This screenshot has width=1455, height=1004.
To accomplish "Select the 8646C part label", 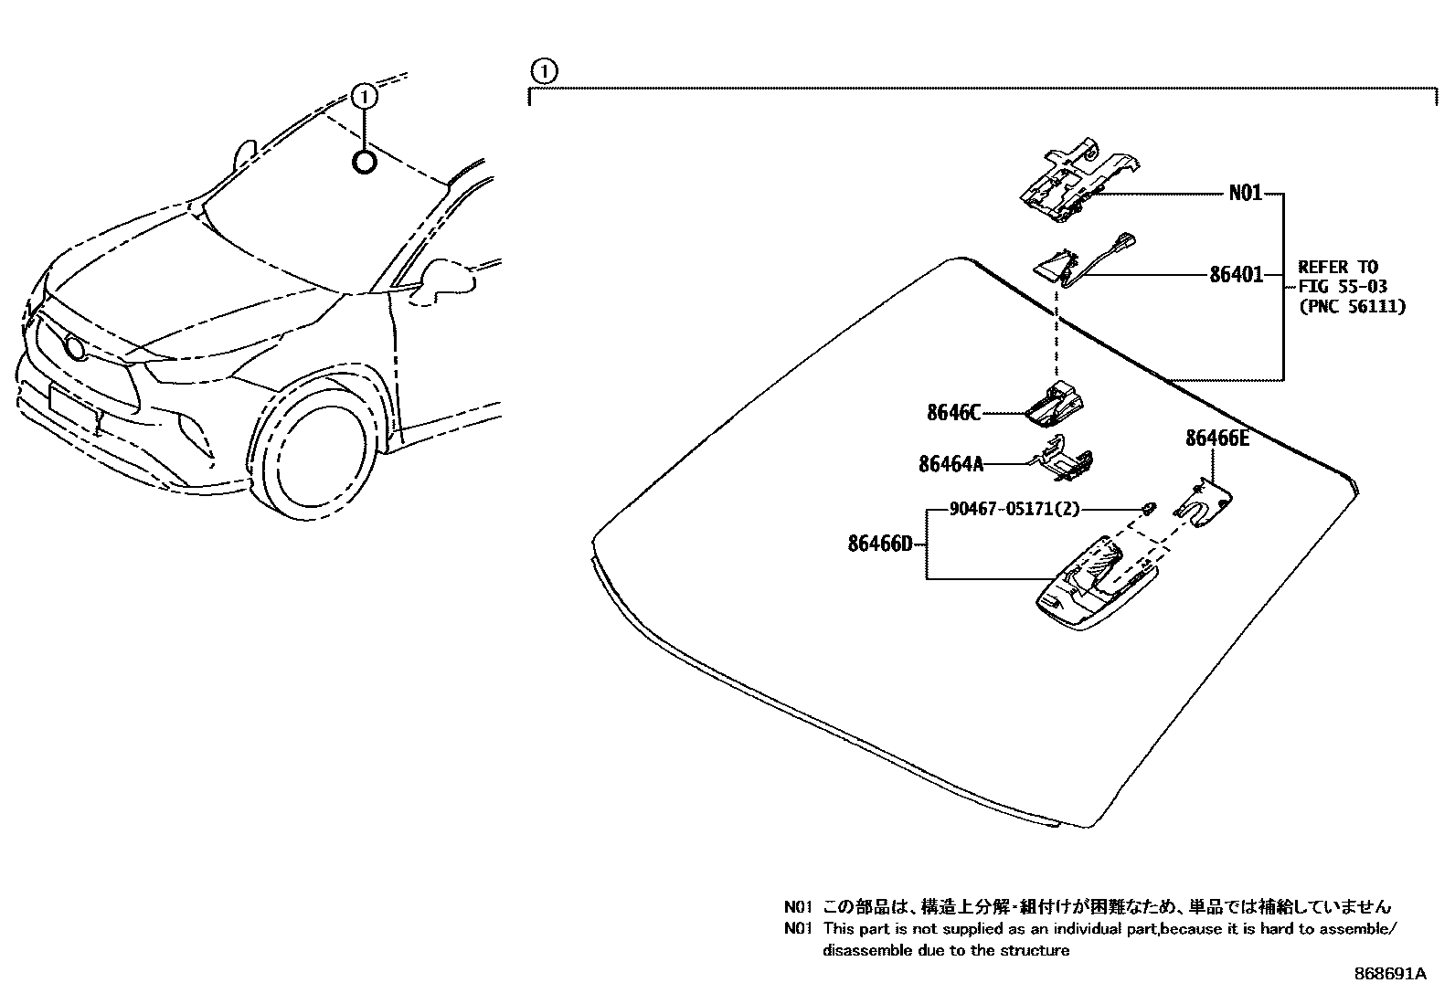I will point(953,413).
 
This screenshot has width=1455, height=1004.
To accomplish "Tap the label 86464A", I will point(951,465).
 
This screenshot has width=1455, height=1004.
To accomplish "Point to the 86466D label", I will point(879,544).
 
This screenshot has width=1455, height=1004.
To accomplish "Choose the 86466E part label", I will point(1216,439).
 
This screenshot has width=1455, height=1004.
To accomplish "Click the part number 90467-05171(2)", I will point(1002,509).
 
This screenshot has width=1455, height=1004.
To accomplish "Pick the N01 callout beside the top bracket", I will point(1245,193).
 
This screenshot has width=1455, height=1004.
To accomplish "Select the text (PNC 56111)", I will point(1352,307).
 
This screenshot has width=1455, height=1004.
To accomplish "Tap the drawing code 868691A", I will point(1389,974).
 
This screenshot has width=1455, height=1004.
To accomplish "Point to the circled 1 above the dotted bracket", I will point(543,70).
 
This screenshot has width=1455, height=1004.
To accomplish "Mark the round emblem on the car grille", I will point(73,347).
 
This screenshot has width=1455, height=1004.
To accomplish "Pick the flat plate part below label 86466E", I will point(1204,503).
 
